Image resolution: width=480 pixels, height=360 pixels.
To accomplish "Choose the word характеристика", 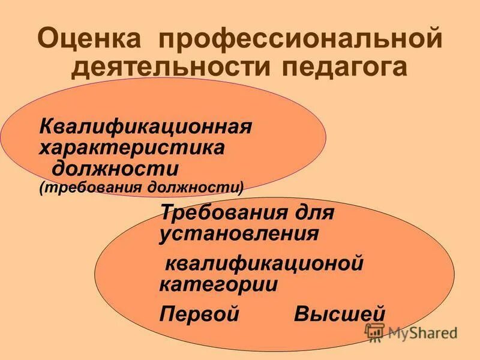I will (x=132, y=147).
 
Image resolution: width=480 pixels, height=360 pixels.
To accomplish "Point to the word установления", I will (x=239, y=233).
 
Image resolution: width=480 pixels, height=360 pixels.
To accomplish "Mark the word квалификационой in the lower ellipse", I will (x=265, y=263).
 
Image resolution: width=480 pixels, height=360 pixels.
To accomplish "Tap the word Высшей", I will (x=340, y=314).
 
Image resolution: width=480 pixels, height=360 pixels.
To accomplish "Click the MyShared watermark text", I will (x=422, y=332).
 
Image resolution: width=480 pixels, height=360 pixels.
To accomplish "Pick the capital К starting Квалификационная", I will (x=45, y=128).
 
